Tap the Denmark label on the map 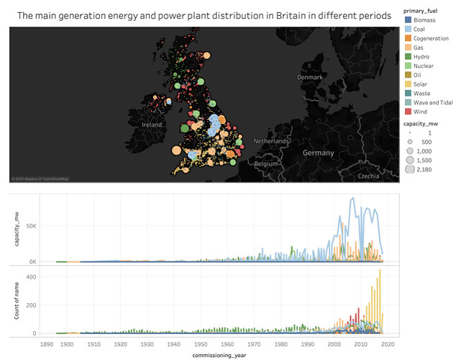click(311, 77)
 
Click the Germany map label click(318, 153)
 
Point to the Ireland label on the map click(152, 124)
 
